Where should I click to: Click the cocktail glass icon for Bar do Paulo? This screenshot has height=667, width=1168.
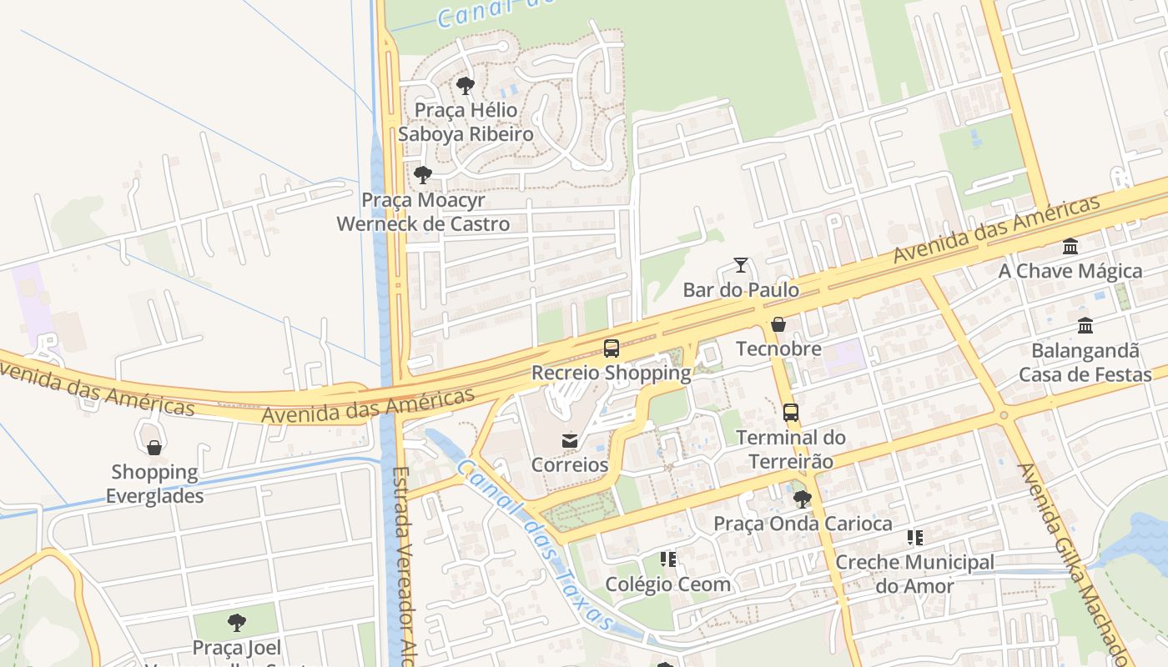pyautogui.click(x=740, y=265)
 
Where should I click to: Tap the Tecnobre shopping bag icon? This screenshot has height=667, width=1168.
pyautogui.click(x=778, y=324)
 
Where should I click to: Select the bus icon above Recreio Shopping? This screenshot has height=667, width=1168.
pyautogui.click(x=612, y=349)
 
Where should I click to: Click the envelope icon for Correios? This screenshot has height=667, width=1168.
pyautogui.click(x=570, y=440)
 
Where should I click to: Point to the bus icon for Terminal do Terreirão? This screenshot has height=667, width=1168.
pyautogui.click(x=790, y=413)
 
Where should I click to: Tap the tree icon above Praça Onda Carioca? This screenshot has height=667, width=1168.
pyautogui.click(x=803, y=499)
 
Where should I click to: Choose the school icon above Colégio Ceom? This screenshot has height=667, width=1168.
pyautogui.click(x=667, y=559)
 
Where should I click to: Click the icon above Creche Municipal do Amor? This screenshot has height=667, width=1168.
pyautogui.click(x=915, y=539)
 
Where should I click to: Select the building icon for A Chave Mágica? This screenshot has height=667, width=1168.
pyautogui.click(x=1070, y=247)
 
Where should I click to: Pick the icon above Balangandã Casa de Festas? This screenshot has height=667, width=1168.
pyautogui.click(x=1085, y=325)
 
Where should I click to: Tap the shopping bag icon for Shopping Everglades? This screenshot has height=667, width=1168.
pyautogui.click(x=154, y=448)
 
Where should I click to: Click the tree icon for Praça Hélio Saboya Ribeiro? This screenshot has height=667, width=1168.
pyautogui.click(x=466, y=86)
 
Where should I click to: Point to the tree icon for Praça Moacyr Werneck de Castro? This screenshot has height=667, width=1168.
pyautogui.click(x=423, y=175)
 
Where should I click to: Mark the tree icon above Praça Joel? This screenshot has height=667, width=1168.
pyautogui.click(x=237, y=623)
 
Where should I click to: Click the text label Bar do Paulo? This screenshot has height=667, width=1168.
pyautogui.click(x=741, y=290)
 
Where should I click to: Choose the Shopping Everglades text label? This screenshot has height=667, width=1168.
pyautogui.click(x=154, y=484)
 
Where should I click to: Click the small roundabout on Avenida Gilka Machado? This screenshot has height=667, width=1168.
pyautogui.click(x=1004, y=415)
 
